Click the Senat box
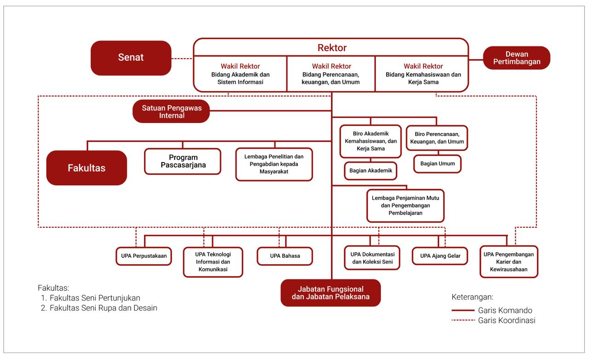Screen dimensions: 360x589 pos(131,58)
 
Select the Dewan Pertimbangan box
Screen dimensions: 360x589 pos(516,58)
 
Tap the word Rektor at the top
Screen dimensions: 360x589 pos(332,48)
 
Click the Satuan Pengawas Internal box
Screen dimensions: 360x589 pos(171,112)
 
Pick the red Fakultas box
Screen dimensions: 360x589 pos(87,168)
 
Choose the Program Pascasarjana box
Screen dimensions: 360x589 pos(183,161)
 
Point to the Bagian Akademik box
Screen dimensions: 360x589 pos(371,170)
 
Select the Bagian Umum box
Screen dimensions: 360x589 pos(437,163)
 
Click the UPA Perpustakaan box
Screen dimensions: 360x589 pos(144,255)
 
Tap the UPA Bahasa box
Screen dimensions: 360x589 pos(285,256)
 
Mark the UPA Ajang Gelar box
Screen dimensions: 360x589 pos(440,255)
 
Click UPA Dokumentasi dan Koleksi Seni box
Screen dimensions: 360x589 pos(372,258)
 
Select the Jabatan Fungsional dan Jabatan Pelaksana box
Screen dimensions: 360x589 pos(330,293)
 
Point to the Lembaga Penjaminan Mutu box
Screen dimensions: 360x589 pos(405,205)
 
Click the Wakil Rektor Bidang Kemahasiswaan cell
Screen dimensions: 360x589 pos(423,74)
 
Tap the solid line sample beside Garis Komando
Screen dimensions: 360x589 pos(463,310)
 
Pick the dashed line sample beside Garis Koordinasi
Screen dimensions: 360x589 pos(463,320)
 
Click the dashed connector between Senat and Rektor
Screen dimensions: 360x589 pos(182,58)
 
